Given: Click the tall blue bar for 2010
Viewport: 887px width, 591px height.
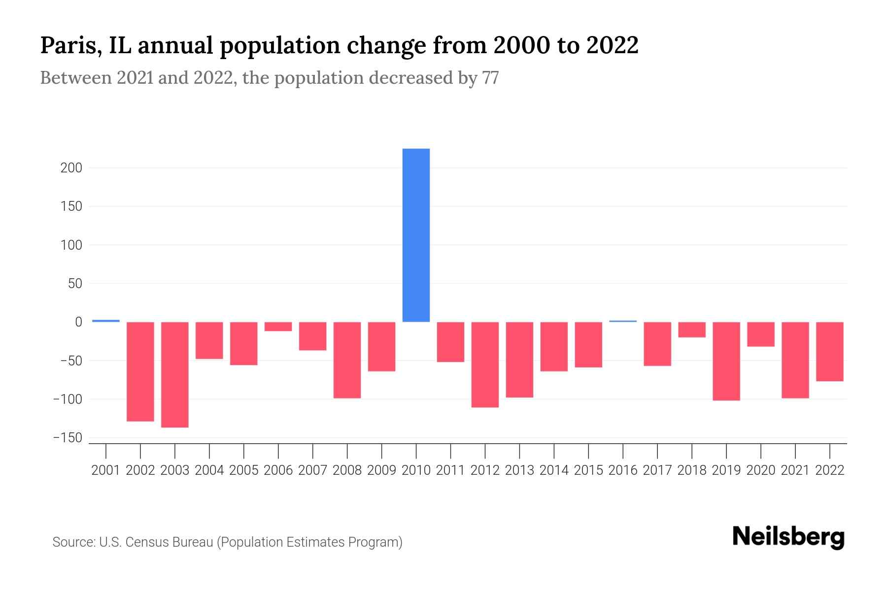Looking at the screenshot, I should [416, 235].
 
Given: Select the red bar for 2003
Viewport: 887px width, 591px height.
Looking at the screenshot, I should [175, 374].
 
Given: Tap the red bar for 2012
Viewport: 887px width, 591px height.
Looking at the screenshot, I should [485, 364].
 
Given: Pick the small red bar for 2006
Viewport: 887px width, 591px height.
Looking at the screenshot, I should [278, 327].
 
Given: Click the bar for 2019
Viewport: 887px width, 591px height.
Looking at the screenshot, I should [726, 361].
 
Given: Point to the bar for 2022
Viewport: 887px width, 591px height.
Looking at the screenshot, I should [830, 352].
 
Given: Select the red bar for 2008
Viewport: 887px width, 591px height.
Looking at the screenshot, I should [347, 360].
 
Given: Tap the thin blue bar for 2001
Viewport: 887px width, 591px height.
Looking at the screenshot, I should [106, 321].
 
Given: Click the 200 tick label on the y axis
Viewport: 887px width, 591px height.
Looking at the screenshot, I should [71, 168].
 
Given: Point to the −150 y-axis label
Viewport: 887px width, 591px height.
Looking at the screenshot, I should [68, 438].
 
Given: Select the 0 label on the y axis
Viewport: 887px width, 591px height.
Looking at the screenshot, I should [78, 322].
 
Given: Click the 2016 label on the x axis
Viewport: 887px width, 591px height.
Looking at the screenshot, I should [623, 470].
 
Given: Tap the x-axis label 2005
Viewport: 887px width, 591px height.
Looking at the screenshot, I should [244, 470].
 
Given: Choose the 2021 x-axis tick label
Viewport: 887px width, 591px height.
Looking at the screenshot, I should [795, 470].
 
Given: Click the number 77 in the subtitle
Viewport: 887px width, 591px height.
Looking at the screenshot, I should [490, 78].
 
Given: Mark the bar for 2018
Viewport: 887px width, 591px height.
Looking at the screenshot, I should [692, 329].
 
